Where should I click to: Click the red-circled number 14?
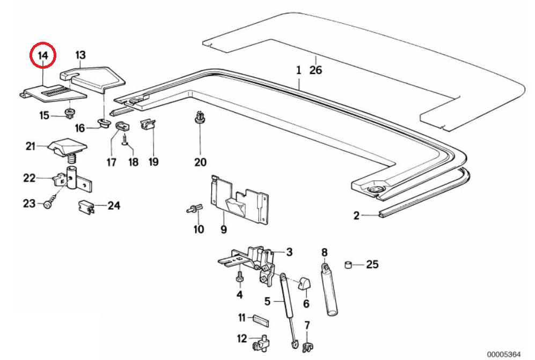click(43, 54)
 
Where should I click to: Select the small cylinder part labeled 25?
click(348, 264)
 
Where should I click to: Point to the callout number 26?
click(316, 70)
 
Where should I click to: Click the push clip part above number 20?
click(200, 117)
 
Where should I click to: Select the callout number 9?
click(223, 230)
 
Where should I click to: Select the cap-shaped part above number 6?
click(305, 283)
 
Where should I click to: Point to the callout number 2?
click(356, 216)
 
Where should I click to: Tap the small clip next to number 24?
click(86, 206)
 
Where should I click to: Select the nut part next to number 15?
click(69, 113)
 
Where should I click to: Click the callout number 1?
click(299, 70)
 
